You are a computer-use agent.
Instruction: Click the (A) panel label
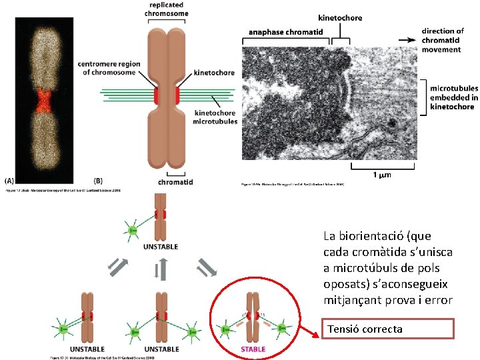point(9,180)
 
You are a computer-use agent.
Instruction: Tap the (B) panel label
point(99,180)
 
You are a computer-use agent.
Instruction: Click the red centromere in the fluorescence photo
point(44,100)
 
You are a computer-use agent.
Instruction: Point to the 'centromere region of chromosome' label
point(109,68)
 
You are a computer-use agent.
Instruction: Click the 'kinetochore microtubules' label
point(215,117)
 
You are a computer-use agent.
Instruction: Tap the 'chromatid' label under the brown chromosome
point(176,181)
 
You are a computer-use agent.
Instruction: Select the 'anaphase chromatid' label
point(285,31)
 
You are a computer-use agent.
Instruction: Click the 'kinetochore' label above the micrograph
point(341,18)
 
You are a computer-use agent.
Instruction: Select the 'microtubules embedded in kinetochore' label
point(453,97)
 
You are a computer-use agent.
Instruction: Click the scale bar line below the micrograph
point(378,165)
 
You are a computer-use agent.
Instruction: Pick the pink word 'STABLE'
point(252,349)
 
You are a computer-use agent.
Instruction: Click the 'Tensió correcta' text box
point(387,329)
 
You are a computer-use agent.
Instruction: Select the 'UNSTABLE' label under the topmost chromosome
point(161,247)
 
